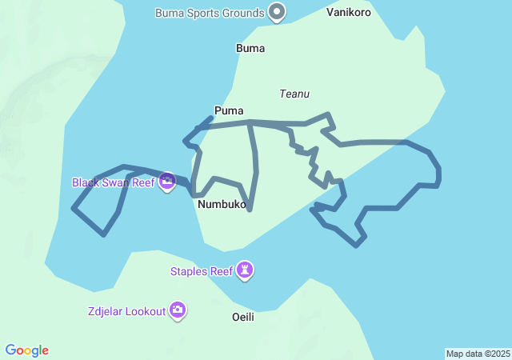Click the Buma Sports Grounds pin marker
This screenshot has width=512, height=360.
(277, 12)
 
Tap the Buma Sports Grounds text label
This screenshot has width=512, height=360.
(210, 13)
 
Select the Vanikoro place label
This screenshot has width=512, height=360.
(349, 13)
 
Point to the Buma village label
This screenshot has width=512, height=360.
(250, 48)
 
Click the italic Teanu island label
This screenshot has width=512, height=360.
(294, 94)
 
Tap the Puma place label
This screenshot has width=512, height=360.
(229, 110)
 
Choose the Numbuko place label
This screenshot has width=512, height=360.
(221, 204)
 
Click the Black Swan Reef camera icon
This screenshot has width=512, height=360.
(166, 182)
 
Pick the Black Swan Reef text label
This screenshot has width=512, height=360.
(113, 182)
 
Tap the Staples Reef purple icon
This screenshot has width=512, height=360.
(246, 271)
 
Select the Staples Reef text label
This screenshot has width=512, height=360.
(202, 271)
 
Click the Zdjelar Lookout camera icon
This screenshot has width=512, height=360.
(178, 310)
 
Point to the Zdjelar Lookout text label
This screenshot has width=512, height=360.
(127, 310)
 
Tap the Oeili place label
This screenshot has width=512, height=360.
(242, 317)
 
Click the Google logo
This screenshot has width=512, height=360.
(27, 350)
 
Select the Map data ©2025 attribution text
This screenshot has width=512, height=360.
(477, 354)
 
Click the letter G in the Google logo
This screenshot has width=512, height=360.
(10, 350)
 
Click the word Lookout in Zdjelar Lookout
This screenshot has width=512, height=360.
(146, 310)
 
